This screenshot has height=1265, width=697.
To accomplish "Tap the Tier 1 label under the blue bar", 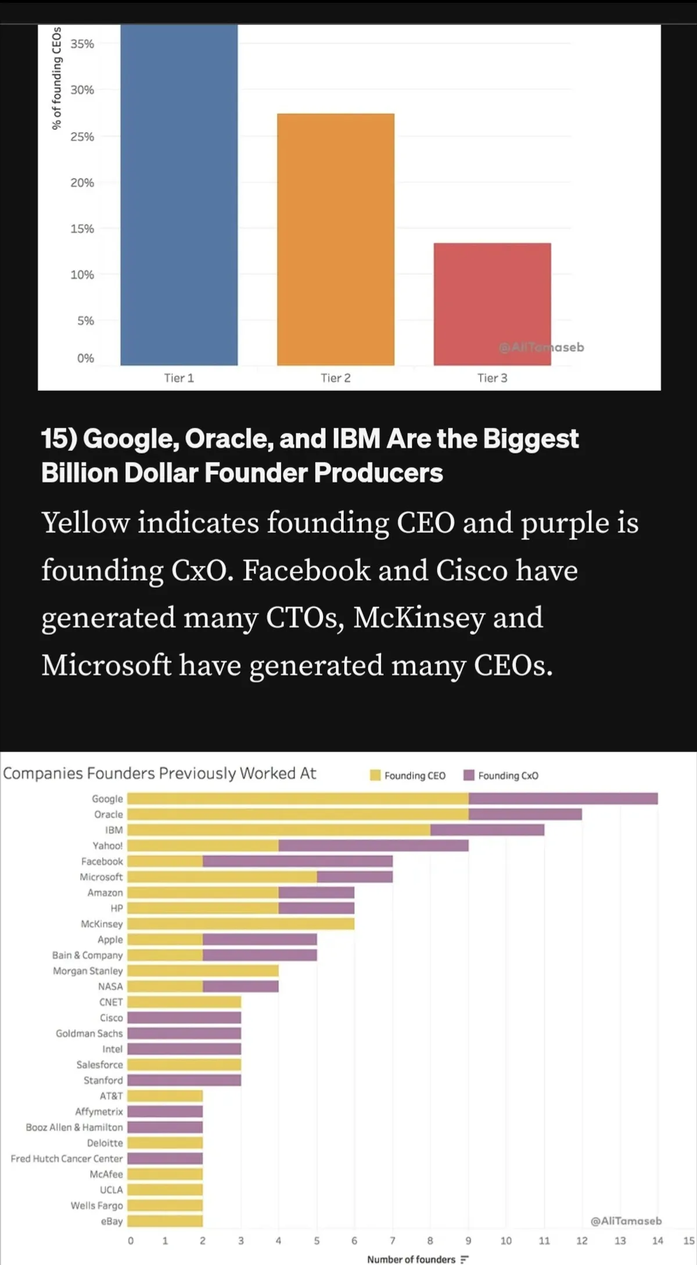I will pos(179,378).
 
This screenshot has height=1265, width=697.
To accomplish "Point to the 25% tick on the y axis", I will pos(82,136).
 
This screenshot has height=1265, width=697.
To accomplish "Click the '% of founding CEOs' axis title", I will pos(56,78).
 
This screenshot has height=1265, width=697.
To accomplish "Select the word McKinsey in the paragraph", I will pos(418,617).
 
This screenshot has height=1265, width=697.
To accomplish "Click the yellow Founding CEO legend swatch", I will pos(375,775).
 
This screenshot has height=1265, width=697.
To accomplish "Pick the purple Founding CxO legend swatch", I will pos(469,775).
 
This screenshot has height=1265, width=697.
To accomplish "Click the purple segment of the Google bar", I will pos(563,799).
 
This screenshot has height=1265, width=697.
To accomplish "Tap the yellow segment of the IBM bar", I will pos(279,830).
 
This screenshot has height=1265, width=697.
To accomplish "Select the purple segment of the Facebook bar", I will pos(297,861).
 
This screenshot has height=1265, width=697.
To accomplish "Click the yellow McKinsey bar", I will pos(240,923).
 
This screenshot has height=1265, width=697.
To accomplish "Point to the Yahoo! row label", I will pos(108,846).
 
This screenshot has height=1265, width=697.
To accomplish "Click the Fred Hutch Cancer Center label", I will pos(67,1159).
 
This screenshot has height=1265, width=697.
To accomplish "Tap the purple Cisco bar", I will pos(184,1018).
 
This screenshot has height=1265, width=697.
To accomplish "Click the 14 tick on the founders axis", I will pos(658,1241).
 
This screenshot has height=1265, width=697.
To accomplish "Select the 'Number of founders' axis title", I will pos(411,1259).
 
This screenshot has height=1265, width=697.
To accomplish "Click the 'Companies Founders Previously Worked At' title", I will pos(160,774).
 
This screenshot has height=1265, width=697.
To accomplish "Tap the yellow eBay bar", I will pos(165,1221).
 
